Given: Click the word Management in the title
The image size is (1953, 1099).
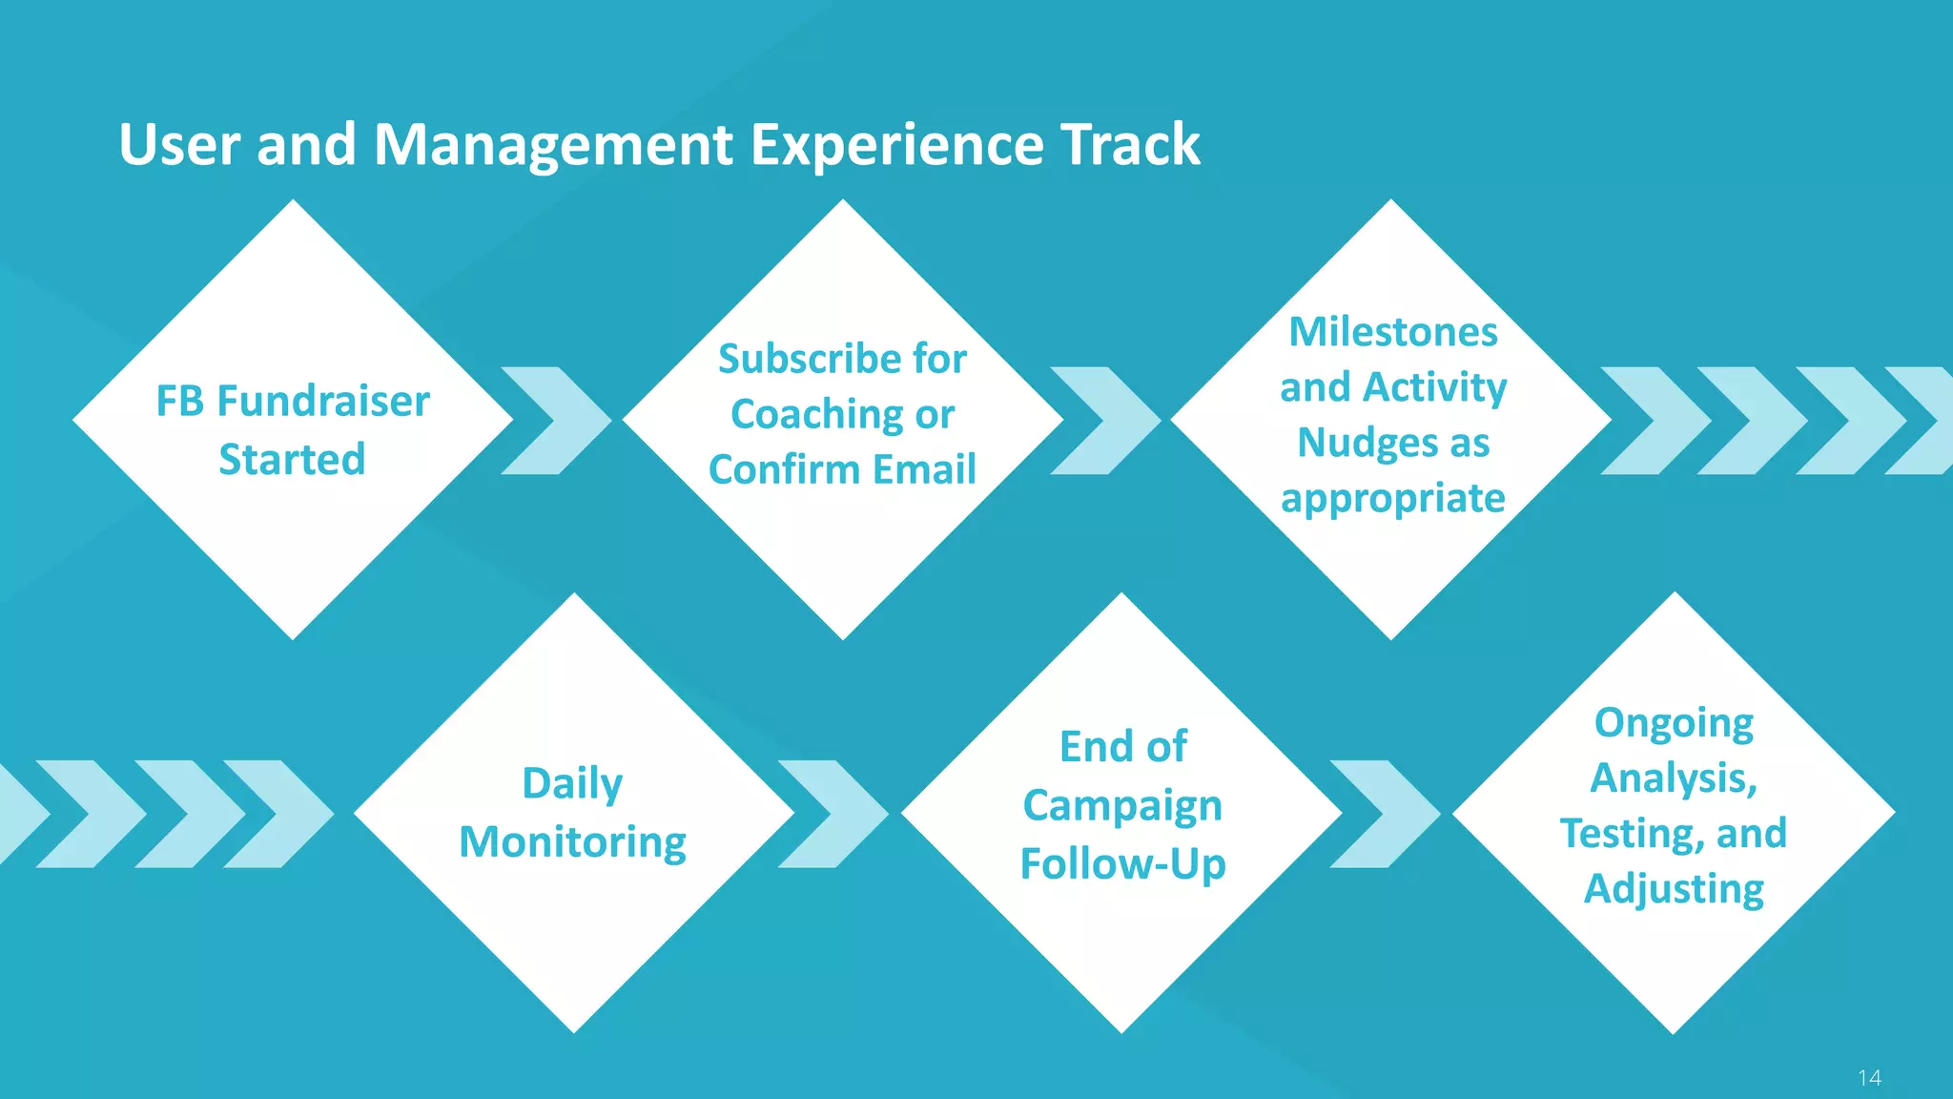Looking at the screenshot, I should (x=553, y=145).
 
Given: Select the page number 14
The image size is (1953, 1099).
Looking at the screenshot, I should (x=1869, y=1078).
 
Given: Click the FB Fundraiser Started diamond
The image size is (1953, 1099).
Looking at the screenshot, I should (x=293, y=420).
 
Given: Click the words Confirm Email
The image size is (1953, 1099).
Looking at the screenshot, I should (x=842, y=470).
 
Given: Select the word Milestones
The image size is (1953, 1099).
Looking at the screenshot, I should (x=1392, y=333).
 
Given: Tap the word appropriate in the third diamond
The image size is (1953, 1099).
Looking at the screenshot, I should (x=1392, y=499).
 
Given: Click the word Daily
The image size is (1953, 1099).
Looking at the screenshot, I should (x=572, y=784).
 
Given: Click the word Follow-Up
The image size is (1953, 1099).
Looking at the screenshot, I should (x=1122, y=864).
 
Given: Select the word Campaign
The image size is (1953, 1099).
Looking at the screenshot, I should (x=1122, y=806).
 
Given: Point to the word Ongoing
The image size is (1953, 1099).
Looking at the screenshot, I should (x=1674, y=723).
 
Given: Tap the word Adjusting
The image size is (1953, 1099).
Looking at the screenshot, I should (x=1674, y=889).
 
